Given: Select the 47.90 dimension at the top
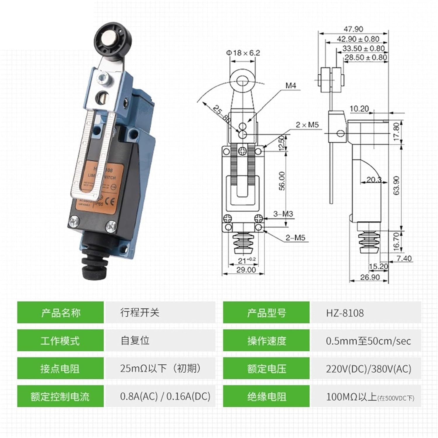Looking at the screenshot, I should [353, 29].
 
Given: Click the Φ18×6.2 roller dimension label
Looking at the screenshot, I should [243, 53].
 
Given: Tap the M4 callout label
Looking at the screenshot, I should [291, 86].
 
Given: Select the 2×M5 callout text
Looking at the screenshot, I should [307, 125].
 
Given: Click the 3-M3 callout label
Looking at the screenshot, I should [283, 214].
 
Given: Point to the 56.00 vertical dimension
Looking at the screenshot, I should [282, 181].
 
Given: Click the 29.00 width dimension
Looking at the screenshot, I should [246, 270].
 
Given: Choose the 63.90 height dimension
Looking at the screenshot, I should [396, 185].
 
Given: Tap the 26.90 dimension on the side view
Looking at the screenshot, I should [370, 277].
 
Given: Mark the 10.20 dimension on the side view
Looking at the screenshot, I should [359, 109].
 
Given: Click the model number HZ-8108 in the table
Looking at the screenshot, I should [345, 313].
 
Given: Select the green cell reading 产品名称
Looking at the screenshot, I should [60, 313].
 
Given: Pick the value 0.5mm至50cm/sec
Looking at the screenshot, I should [368, 341].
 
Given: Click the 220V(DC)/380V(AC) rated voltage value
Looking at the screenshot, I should [369, 369].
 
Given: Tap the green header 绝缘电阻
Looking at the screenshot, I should [266, 397].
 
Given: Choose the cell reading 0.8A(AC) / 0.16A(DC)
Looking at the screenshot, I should [165, 396].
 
